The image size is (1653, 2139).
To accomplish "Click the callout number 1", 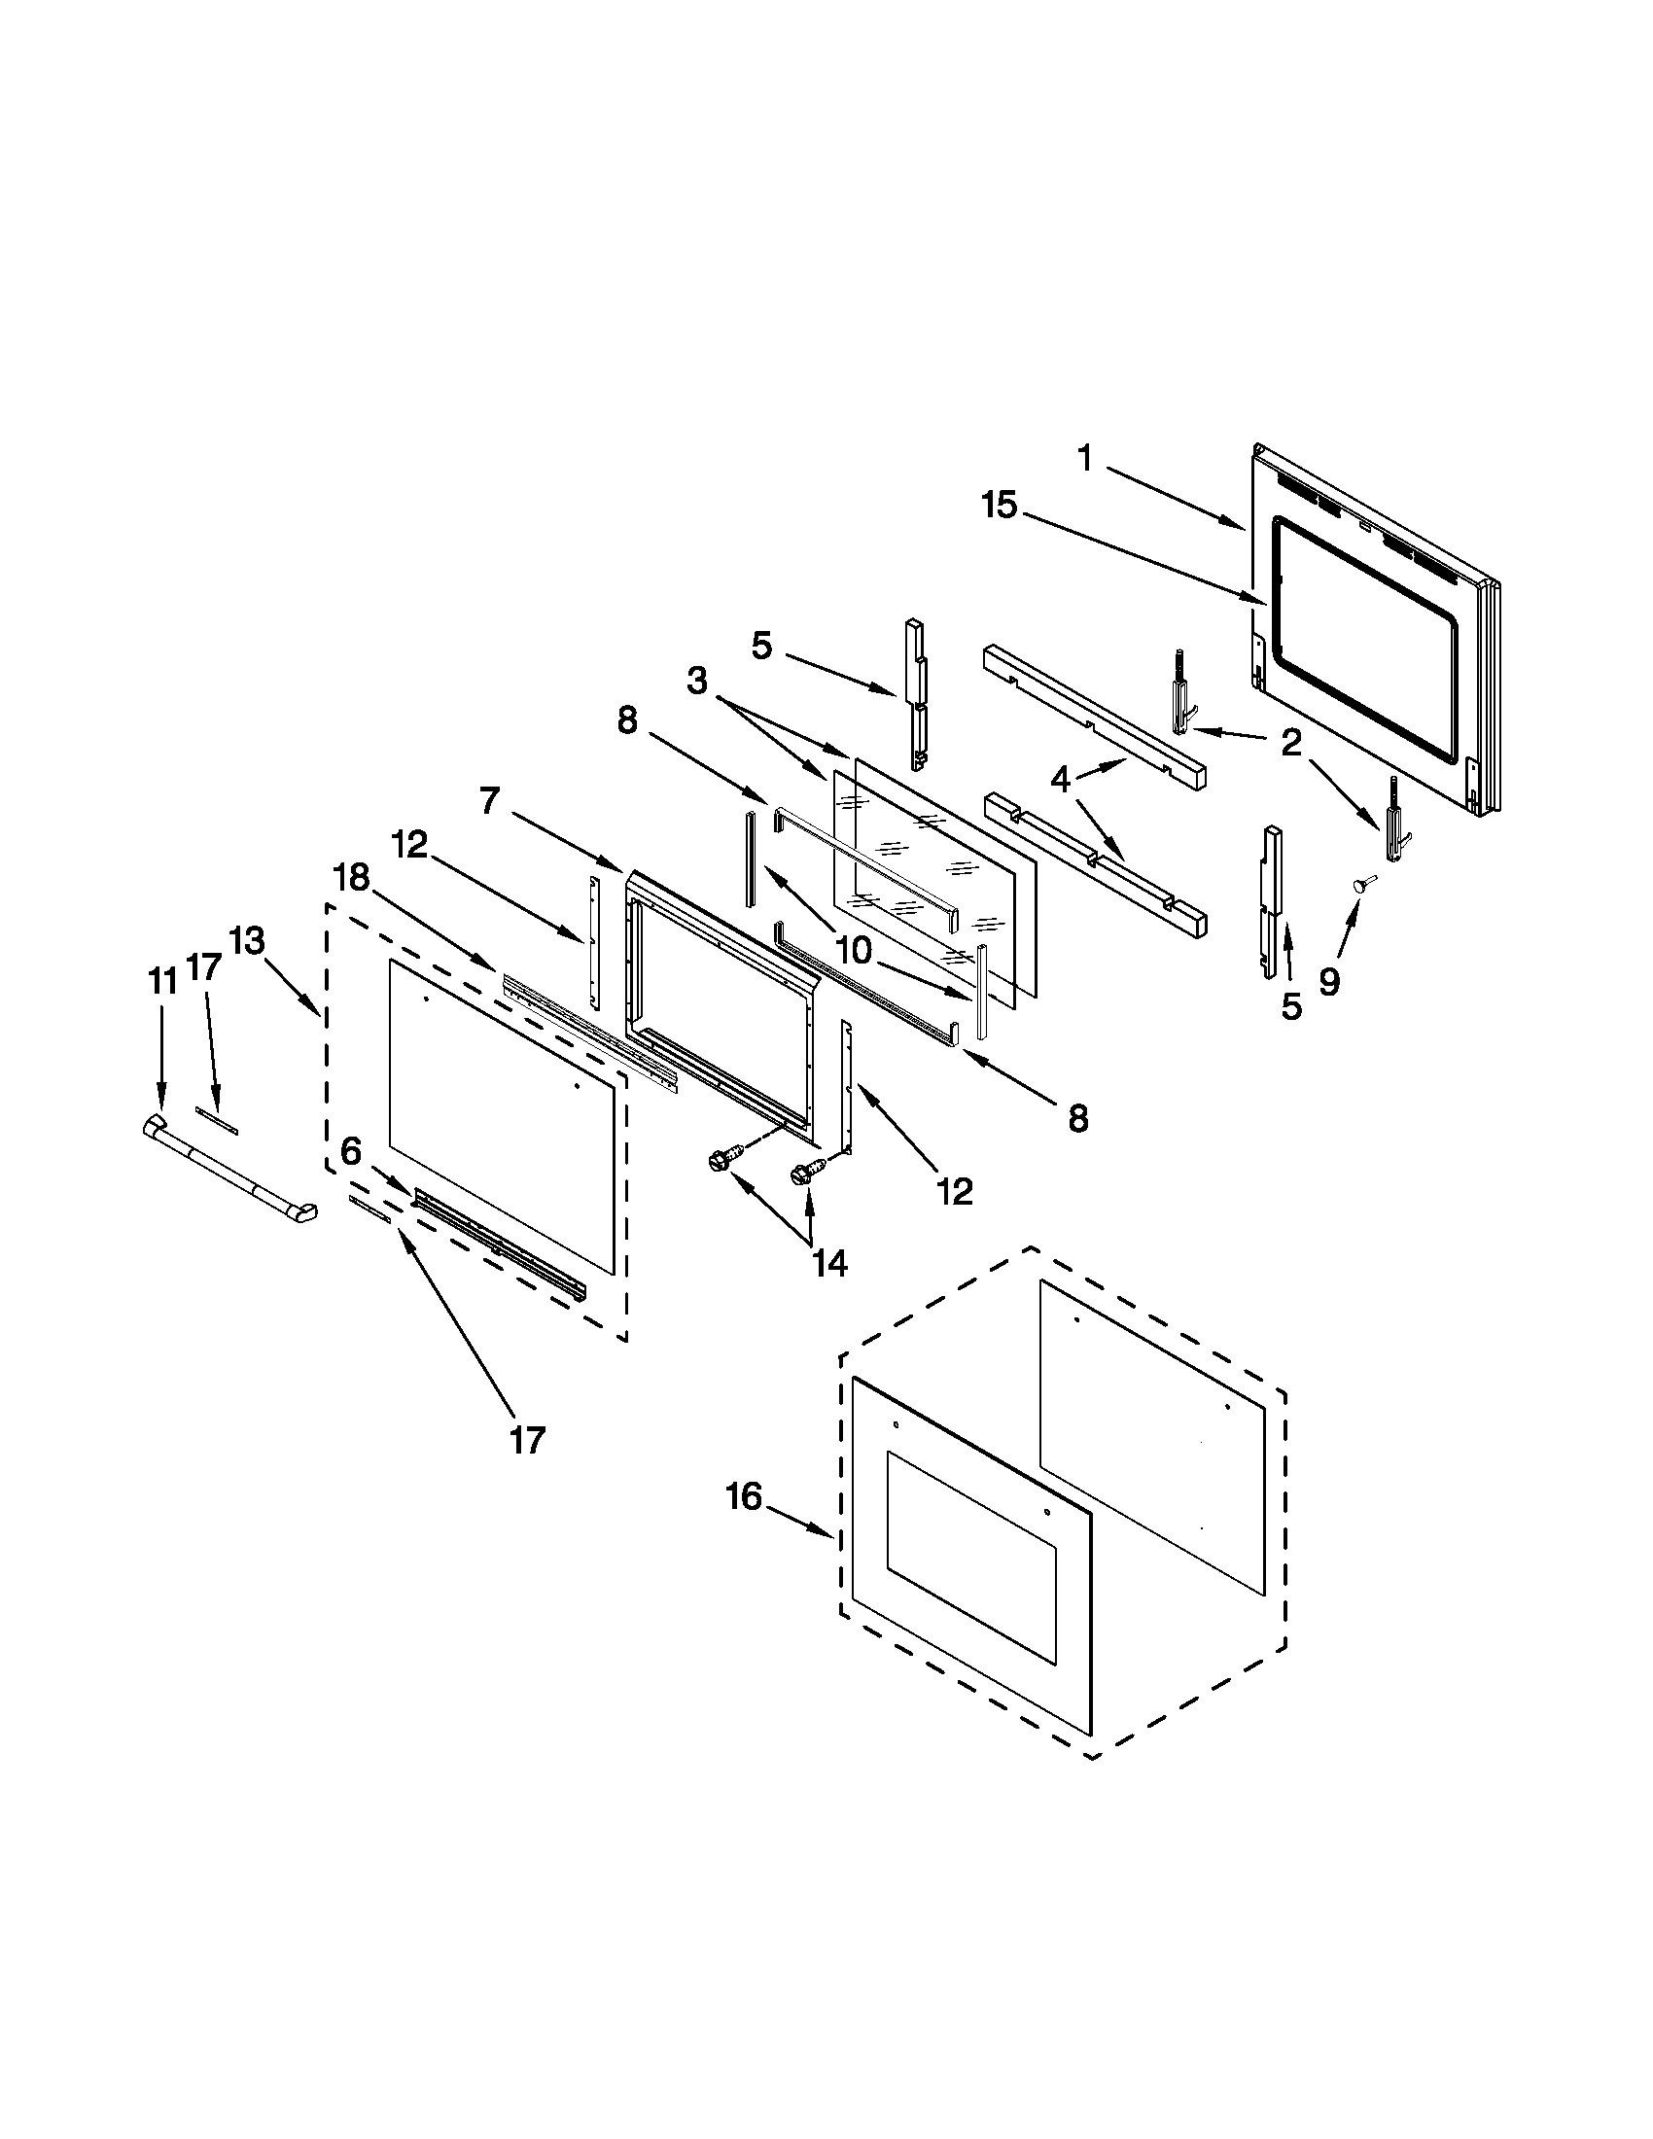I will click(x=1084, y=457).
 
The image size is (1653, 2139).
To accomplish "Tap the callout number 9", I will click(x=1328, y=980).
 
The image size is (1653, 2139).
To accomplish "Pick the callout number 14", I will click(x=829, y=1262).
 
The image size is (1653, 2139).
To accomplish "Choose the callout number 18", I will click(x=352, y=878).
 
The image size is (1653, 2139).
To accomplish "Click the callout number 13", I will click(x=247, y=941).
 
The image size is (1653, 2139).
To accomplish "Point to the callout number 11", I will click(x=161, y=980).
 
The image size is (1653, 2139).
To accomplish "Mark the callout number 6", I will click(x=352, y=1153).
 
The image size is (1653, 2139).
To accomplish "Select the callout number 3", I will click(x=696, y=681).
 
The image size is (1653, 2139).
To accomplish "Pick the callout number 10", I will click(x=853, y=949).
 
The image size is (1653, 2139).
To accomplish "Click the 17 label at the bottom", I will click(x=526, y=1440).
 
